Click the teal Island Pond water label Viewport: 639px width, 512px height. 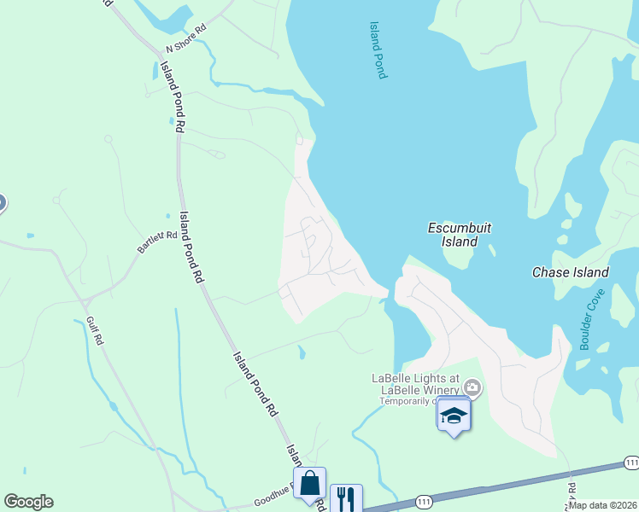[x=378, y=50]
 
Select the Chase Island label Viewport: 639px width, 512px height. [x=570, y=272]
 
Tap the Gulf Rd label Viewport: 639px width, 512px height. [x=95, y=330]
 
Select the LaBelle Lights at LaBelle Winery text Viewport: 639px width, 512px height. [x=415, y=384]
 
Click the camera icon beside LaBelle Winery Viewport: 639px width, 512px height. [x=472, y=390]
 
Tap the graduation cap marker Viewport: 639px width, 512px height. [x=454, y=416]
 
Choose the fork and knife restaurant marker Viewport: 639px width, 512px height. [x=346, y=498]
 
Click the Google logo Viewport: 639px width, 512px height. [x=28, y=502]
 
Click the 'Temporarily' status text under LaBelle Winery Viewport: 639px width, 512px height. [x=406, y=401]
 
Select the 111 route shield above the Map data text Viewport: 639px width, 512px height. [x=630, y=462]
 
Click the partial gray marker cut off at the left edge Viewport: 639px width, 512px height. [x=2, y=203]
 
